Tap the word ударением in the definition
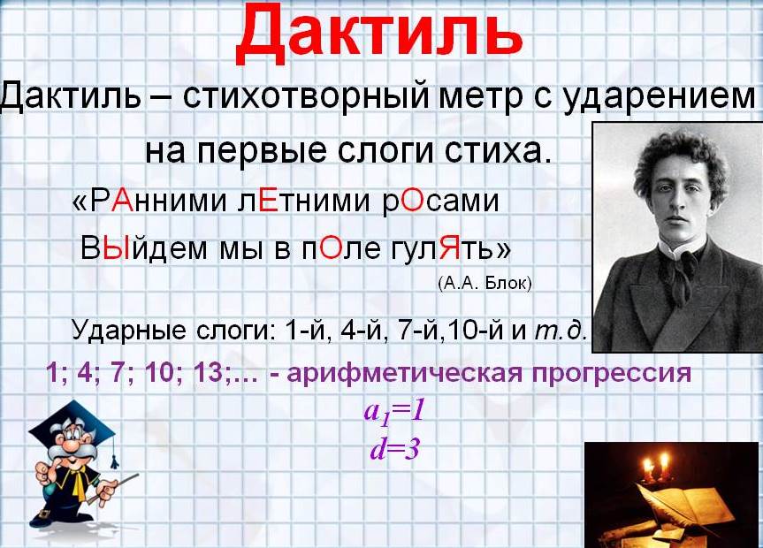(x=659, y=97)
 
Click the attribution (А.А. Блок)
(x=485, y=283)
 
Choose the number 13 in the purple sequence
(x=207, y=374)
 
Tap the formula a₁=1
(x=394, y=413)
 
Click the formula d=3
(x=394, y=449)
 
